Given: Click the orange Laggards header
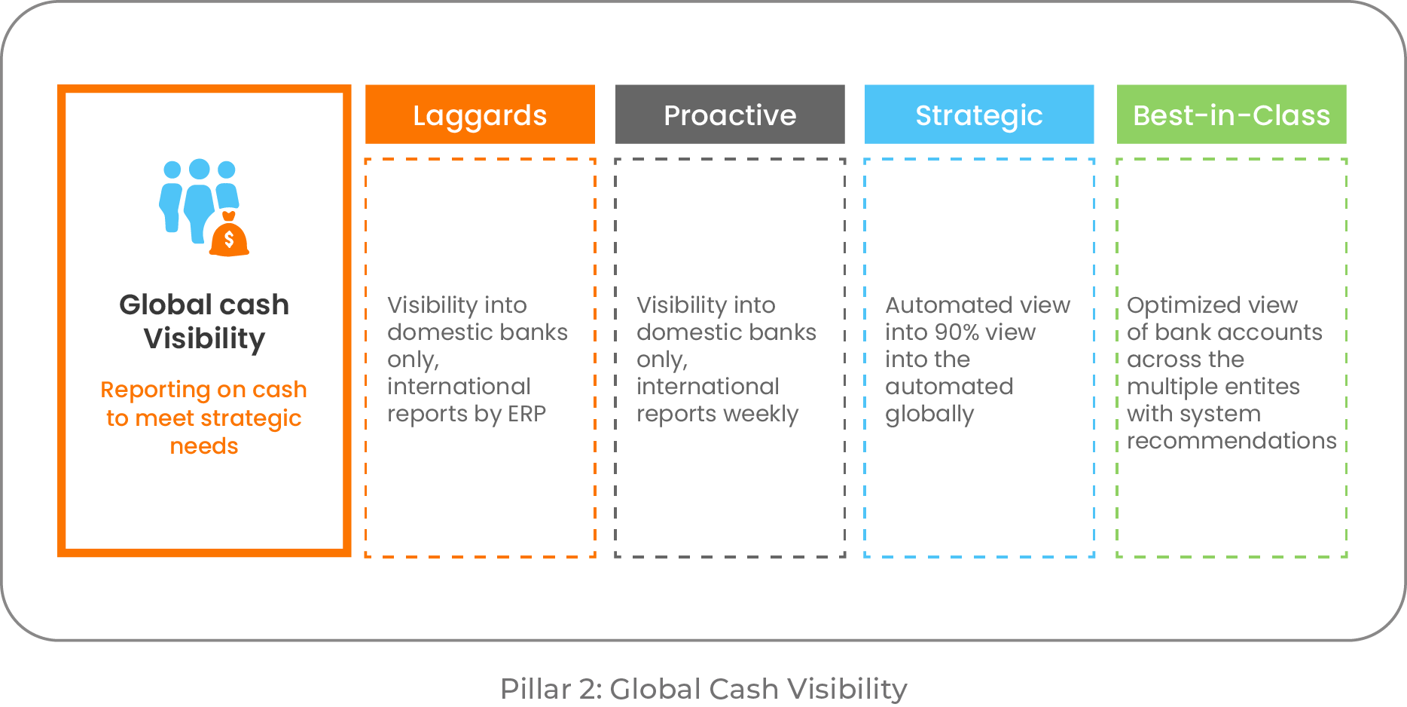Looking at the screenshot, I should (480, 115).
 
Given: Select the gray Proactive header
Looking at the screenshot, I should (729, 115).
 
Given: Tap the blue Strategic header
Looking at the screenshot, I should (978, 115).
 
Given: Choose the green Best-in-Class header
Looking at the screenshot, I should (1231, 115).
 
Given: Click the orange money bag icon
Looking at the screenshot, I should (229, 237).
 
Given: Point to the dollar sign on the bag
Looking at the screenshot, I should (229, 240).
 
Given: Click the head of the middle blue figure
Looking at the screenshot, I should (200, 169).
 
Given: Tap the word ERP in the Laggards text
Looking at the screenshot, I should (526, 414).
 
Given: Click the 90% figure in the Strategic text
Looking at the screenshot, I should (958, 332).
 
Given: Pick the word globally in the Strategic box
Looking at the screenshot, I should (929, 415).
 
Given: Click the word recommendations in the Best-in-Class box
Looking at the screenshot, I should (1232, 441).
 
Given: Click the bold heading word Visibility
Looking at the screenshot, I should (204, 339).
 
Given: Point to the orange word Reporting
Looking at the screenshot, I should (154, 390).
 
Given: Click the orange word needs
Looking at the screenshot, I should (204, 446).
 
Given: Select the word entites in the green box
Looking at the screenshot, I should (1262, 387).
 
